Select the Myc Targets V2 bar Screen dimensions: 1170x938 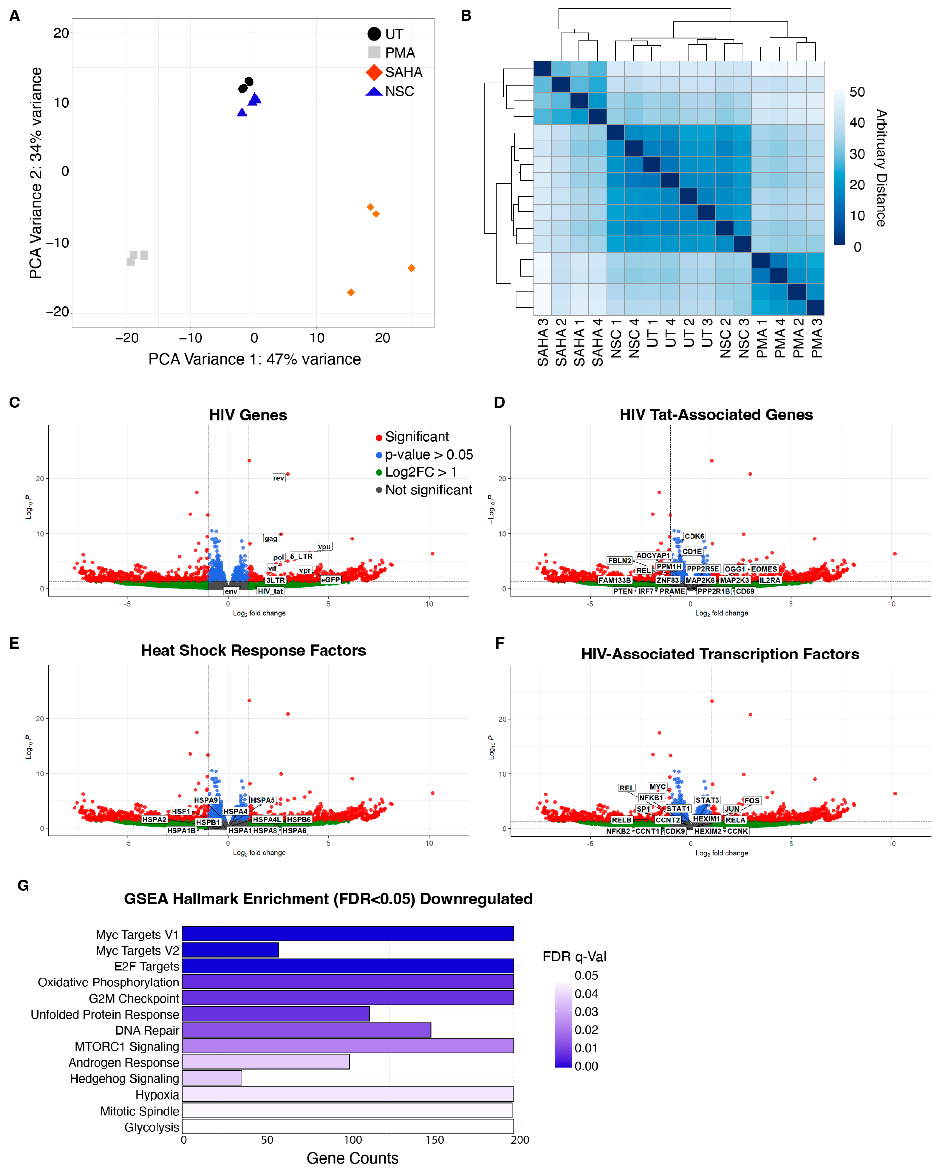tap(230, 950)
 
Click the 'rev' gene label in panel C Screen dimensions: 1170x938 tap(278, 478)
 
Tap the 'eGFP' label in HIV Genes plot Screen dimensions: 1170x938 tap(330, 580)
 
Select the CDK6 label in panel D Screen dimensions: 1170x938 tap(694, 536)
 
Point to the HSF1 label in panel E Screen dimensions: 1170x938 tap(181, 811)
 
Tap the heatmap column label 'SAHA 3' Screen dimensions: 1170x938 tap(542, 342)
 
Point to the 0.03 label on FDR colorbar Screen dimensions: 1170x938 tap(586, 1011)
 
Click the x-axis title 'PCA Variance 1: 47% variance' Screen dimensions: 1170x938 tap(255, 359)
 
